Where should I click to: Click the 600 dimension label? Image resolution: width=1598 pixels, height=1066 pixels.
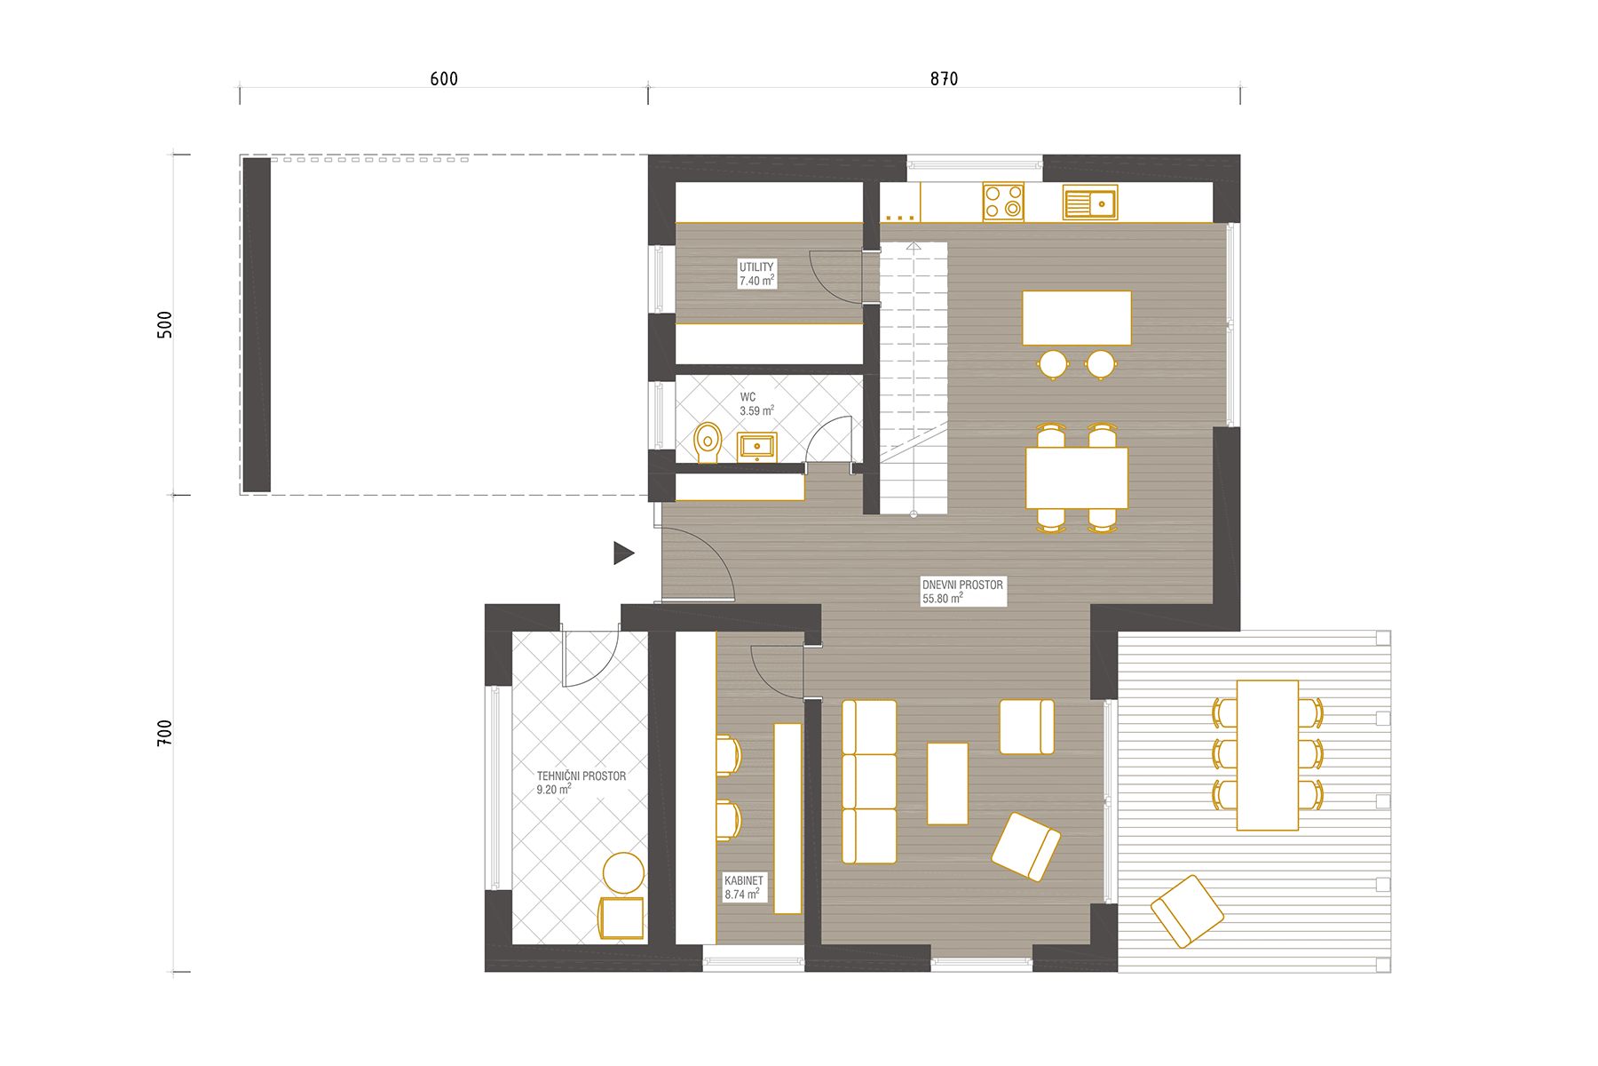(444, 79)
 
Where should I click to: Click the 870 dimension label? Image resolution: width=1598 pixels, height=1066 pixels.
(944, 79)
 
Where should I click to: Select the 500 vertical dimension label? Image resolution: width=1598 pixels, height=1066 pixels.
(164, 324)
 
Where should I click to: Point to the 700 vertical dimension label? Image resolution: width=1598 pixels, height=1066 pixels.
(164, 733)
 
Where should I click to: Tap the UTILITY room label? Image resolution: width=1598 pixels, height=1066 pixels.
(756, 266)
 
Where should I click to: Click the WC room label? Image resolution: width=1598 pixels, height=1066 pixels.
(748, 397)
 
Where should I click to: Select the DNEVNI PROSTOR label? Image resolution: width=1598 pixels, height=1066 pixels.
(962, 585)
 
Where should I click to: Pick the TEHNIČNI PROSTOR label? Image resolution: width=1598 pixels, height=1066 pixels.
(581, 776)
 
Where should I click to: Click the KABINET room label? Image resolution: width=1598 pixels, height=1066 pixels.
(744, 880)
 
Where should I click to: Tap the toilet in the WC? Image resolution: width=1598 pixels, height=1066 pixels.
(708, 442)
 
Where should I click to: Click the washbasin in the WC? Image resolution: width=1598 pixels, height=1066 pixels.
(757, 447)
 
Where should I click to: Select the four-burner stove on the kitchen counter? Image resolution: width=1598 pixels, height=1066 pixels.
(1003, 202)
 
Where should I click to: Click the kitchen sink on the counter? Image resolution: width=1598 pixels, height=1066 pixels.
(1090, 203)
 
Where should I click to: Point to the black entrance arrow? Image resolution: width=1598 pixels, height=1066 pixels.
(623, 553)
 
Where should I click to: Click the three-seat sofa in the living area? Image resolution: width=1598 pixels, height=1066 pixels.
(869, 782)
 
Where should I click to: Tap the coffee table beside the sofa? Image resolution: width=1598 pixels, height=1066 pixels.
(947, 784)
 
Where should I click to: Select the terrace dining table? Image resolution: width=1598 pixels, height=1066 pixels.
(1268, 755)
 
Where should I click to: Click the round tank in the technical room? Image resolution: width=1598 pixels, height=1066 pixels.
(623, 873)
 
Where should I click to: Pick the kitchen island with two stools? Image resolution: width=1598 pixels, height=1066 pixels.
(1077, 318)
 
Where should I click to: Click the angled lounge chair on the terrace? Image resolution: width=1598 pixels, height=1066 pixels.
(1187, 911)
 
